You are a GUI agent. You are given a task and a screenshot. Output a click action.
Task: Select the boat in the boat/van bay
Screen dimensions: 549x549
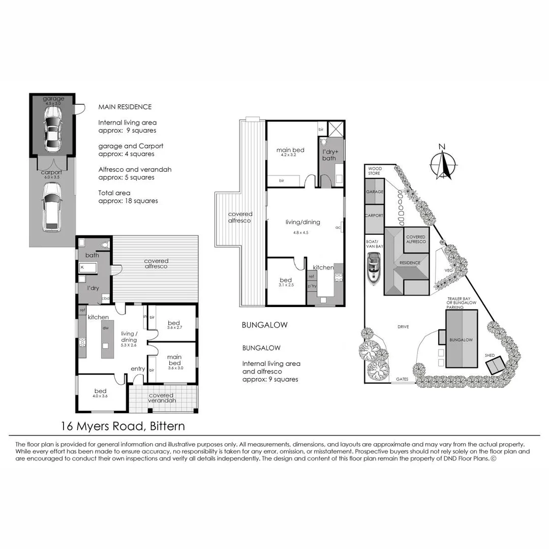click(x=374, y=269)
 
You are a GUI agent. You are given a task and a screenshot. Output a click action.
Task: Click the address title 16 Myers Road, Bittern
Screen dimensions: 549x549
click(x=123, y=425)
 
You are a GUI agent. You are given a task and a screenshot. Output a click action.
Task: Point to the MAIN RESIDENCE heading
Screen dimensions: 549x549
click(x=125, y=107)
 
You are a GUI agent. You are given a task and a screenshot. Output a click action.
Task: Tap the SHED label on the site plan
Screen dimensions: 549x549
click(x=490, y=355)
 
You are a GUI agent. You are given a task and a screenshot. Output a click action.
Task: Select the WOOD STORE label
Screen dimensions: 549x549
click(x=375, y=171)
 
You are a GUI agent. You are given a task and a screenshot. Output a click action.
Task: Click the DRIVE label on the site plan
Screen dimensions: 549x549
click(x=404, y=327)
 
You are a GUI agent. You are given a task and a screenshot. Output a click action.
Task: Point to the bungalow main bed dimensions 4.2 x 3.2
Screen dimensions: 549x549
click(x=290, y=155)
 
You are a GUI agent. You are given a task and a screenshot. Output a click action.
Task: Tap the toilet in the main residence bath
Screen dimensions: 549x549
click(x=105, y=245)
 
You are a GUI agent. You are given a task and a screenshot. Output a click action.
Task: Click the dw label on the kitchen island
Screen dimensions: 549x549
click(x=106, y=328)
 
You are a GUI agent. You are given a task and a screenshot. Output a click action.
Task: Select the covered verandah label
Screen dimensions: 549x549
click(x=161, y=398)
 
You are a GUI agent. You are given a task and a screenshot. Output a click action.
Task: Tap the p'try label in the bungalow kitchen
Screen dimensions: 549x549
click(x=312, y=287)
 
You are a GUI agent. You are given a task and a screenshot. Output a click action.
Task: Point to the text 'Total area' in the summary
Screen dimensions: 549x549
click(x=114, y=193)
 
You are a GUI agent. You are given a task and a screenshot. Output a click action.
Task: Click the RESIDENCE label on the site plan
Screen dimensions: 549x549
click(x=410, y=263)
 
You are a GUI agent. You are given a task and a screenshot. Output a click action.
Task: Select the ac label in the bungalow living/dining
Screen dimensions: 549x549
click(x=338, y=227)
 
